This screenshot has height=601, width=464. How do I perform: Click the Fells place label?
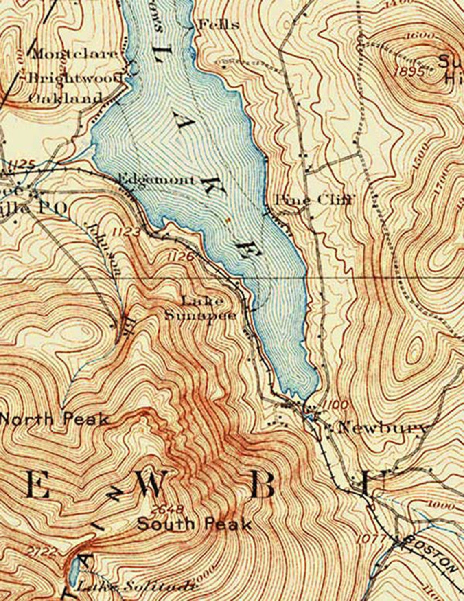point(219,25)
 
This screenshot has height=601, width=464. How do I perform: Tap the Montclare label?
point(76,54)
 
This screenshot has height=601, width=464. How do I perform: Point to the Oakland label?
point(65,98)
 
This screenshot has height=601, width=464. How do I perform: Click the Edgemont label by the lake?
point(156,180)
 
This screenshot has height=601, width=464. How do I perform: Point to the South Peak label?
point(194,524)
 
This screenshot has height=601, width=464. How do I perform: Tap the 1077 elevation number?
point(370,539)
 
